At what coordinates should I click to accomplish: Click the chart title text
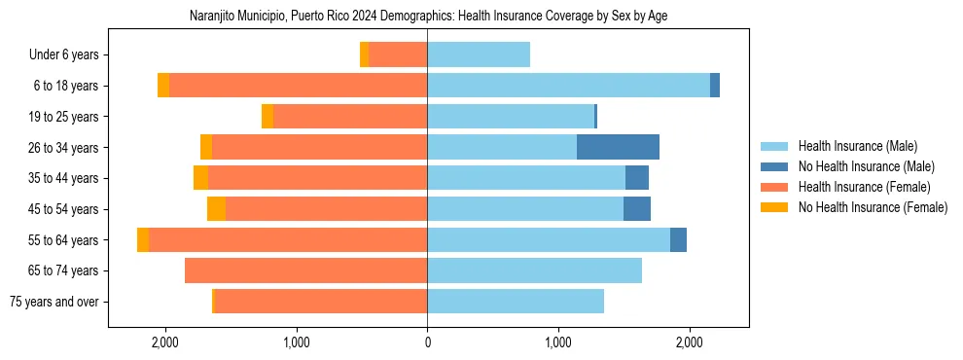coord(428,17)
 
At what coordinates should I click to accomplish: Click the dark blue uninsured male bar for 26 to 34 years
coord(618,147)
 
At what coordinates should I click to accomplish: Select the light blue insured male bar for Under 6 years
coord(479,54)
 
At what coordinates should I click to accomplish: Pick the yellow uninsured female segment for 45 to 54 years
coord(216,209)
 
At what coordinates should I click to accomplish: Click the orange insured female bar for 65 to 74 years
coord(305,270)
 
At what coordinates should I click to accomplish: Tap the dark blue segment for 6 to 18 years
coord(715,86)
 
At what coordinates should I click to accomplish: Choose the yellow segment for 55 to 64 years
coord(143,239)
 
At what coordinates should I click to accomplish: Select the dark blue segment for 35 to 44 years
coord(637,178)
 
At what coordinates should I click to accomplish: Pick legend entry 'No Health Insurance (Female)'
coord(873,207)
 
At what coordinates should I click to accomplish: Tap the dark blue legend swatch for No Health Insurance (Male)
coord(775,166)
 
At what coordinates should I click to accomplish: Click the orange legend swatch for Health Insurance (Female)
coord(775,187)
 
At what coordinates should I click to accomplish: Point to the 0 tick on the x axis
coord(427,342)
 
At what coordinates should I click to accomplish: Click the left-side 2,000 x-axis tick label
coord(164,342)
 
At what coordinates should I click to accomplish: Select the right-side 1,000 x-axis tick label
coord(558,342)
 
